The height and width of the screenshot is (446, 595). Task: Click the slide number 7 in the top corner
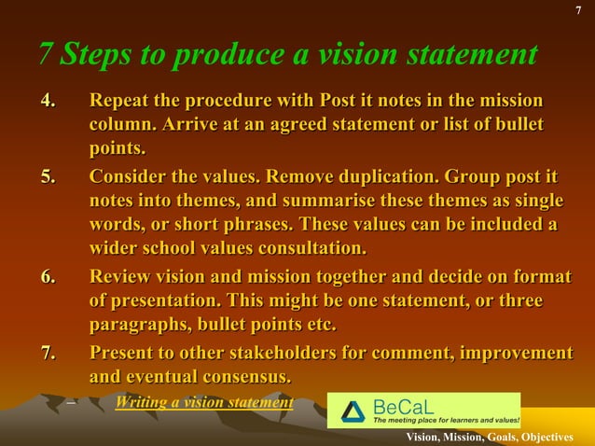(579, 10)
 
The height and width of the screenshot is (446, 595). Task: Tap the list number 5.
(48, 176)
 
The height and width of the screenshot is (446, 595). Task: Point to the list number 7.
(48, 353)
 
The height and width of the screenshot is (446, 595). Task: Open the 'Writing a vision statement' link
(204, 403)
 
